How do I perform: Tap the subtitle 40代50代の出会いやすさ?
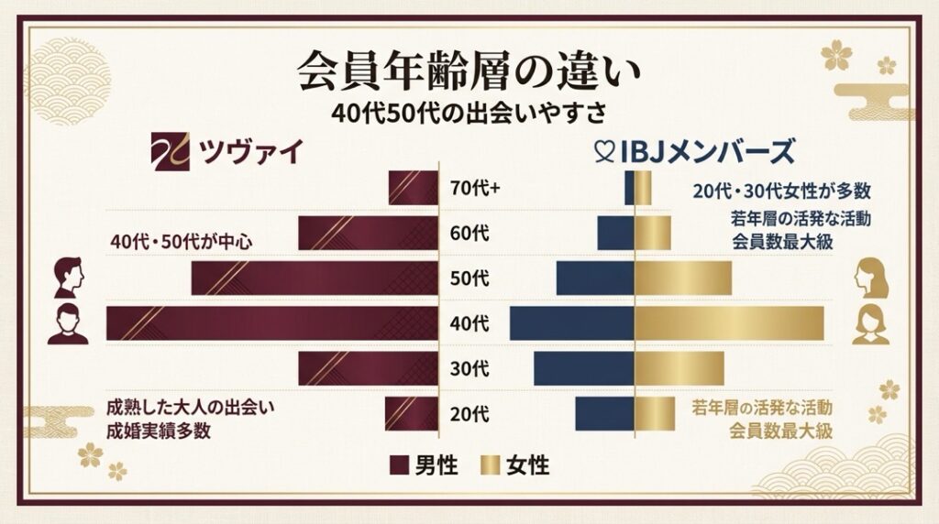pos(469,113)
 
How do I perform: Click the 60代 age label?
pos(470,234)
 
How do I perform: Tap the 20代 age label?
pos(470,413)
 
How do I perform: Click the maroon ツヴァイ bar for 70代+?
pos(413,189)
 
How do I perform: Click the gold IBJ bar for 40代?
pos(729,323)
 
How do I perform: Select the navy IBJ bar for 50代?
pos(595,278)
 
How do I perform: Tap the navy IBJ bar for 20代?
pos(604,413)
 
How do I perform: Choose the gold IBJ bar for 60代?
pos(653,234)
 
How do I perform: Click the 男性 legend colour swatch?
pos(398,465)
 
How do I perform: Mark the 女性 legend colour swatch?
pos(490,465)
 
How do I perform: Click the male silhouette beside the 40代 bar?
pos(67,325)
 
